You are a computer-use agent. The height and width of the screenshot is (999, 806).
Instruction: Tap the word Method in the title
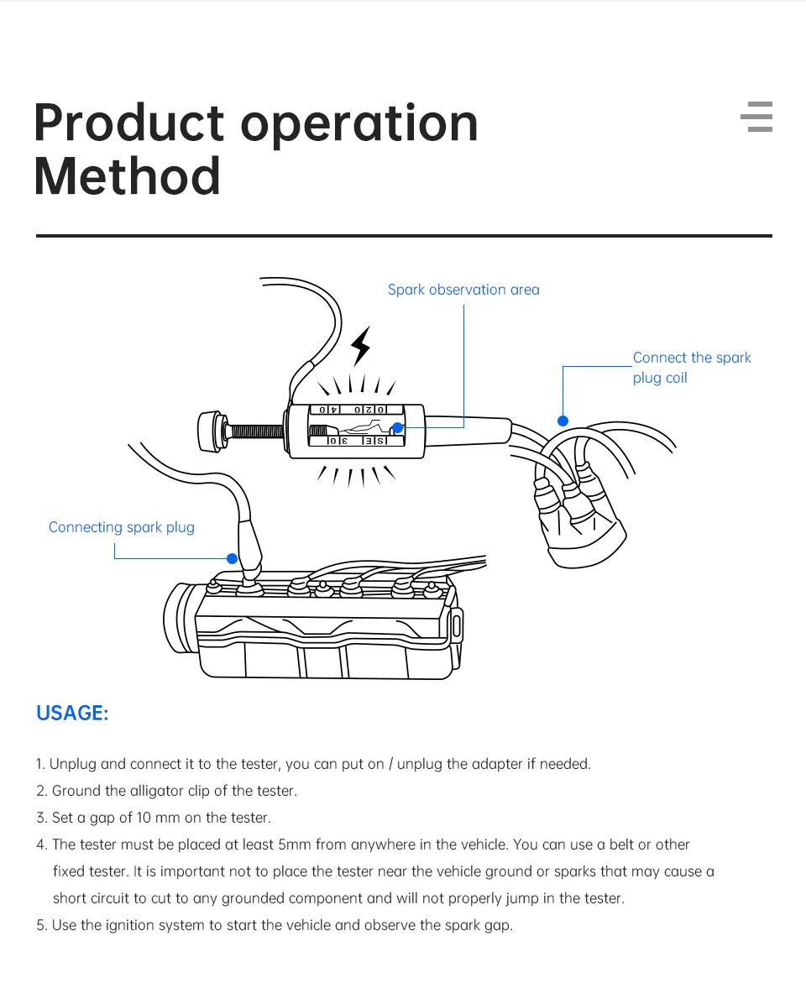[128, 176]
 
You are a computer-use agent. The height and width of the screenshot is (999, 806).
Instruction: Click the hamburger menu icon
[756, 117]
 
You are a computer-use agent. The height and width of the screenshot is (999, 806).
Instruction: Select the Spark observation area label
[463, 290]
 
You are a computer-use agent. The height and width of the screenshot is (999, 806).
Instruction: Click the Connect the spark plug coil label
[691, 367]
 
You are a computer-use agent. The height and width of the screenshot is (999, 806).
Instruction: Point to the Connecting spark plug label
[121, 527]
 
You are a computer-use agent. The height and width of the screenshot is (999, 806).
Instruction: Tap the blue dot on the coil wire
[563, 421]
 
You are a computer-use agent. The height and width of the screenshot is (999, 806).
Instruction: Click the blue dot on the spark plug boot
[233, 558]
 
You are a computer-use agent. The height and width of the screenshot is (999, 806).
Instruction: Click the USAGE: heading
[72, 714]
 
